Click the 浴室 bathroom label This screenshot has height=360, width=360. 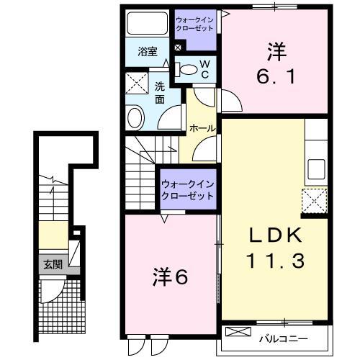coord(148,51)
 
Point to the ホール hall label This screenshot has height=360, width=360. coord(202,127)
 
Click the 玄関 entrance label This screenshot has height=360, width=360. coord(51,264)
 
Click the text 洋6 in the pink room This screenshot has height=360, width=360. coord(170,276)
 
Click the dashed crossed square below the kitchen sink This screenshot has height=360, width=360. coord(315,200)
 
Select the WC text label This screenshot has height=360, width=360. coord(204,69)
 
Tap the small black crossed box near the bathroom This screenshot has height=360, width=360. coord(178,48)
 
